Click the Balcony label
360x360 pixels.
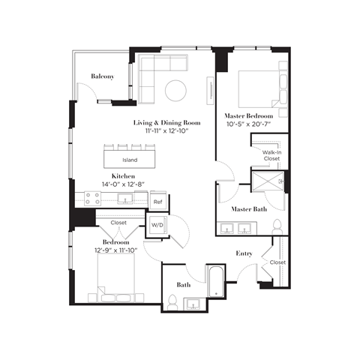point(102,76)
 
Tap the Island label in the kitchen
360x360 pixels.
point(130,160)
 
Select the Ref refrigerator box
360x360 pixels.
point(157,202)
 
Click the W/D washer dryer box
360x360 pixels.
point(157,224)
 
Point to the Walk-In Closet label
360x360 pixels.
point(271,155)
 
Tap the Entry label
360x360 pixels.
point(244,253)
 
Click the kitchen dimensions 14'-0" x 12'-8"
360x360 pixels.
point(118,184)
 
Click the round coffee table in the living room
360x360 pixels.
point(175,89)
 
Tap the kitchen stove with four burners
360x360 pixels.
point(93,199)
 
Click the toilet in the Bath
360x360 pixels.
point(172,301)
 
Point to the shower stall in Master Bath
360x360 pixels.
point(268,183)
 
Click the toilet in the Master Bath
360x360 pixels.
point(277,226)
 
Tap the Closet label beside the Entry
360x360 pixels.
point(277,262)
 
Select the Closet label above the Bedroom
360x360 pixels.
point(118,223)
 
